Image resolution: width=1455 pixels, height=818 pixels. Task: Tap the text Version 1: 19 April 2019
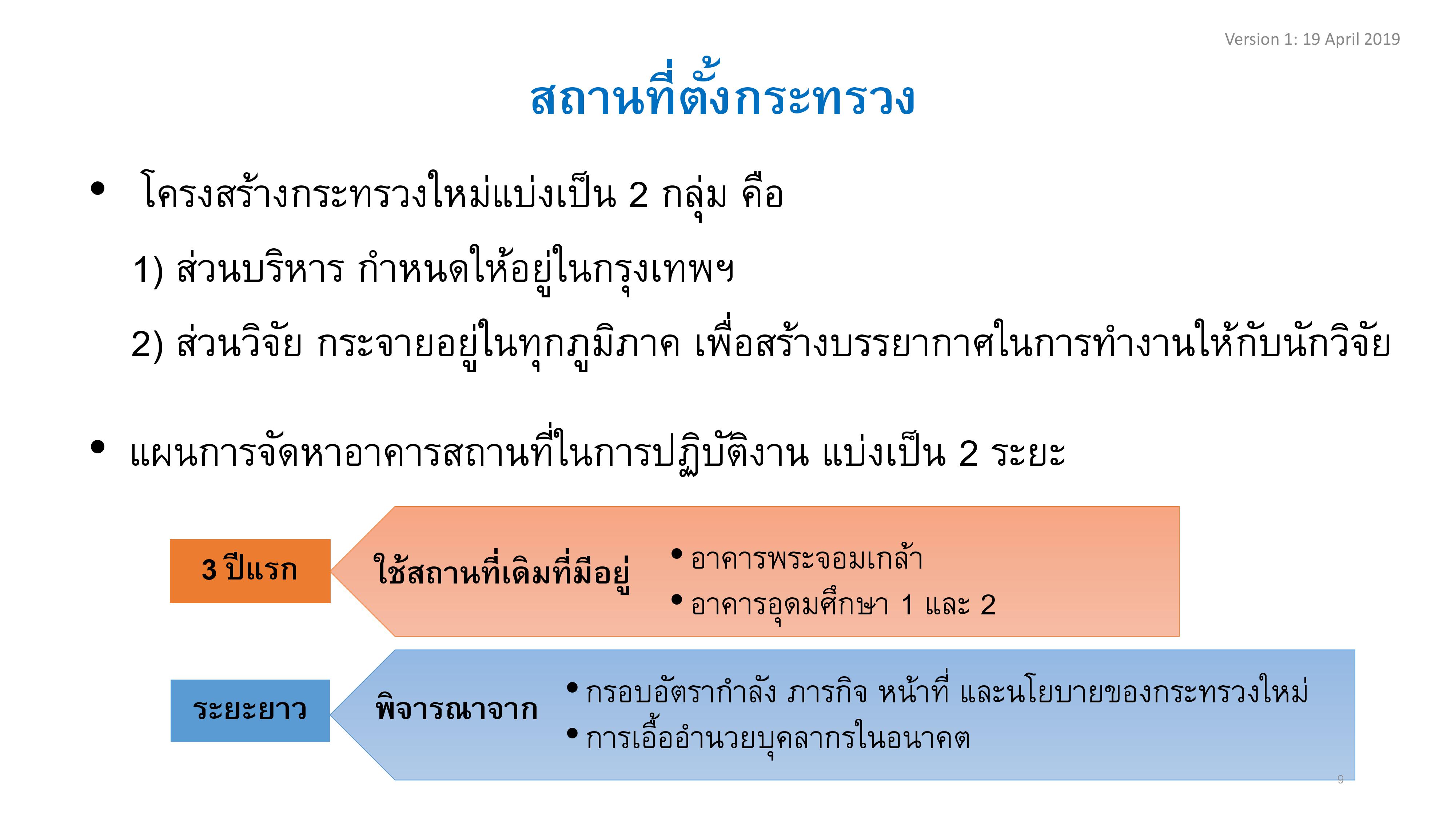click(x=1312, y=39)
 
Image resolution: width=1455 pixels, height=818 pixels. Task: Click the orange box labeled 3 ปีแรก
click(x=250, y=571)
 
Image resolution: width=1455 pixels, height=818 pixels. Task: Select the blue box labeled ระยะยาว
click(x=250, y=710)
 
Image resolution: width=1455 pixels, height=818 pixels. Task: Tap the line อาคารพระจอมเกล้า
click(x=806, y=558)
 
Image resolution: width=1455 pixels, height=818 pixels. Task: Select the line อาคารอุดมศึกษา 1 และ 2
click(x=843, y=606)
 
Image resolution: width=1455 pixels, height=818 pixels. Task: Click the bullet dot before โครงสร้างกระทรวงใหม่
click(x=98, y=189)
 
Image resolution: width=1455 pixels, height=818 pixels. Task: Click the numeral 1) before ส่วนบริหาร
click(x=148, y=269)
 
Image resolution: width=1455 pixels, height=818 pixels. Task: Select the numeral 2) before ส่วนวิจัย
click(x=147, y=344)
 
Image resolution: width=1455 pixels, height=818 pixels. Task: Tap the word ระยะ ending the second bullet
click(x=1028, y=453)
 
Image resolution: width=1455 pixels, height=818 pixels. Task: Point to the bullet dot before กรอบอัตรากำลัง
click(x=572, y=687)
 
